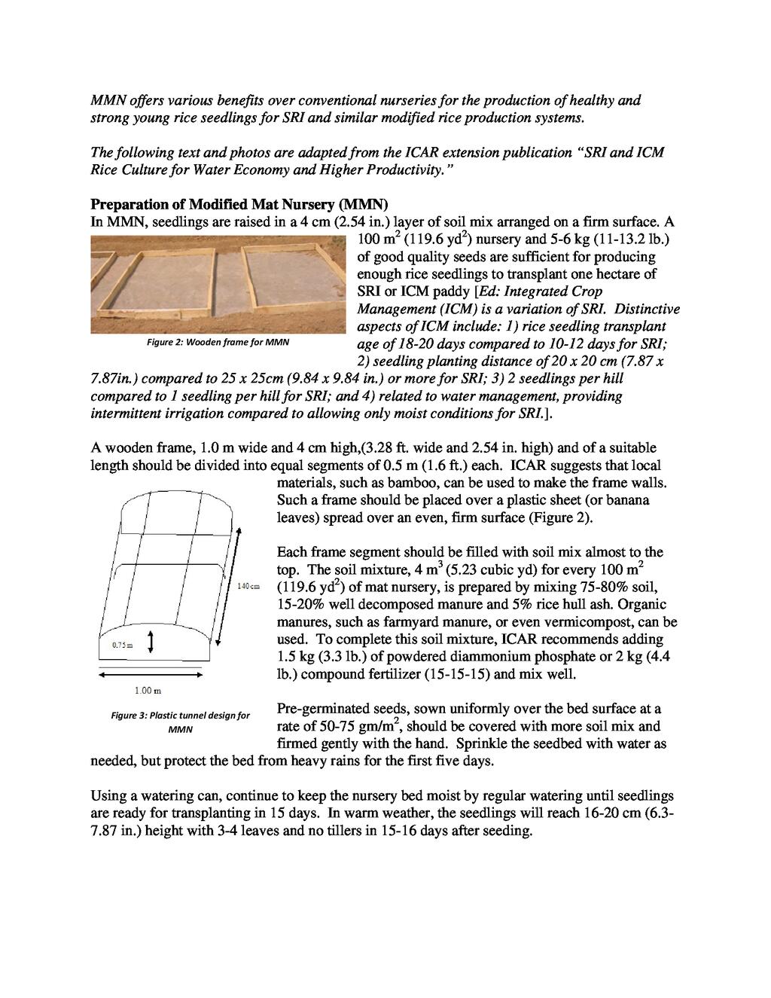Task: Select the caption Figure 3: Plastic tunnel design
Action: pos(181,722)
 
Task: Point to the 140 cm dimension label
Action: pos(248,586)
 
